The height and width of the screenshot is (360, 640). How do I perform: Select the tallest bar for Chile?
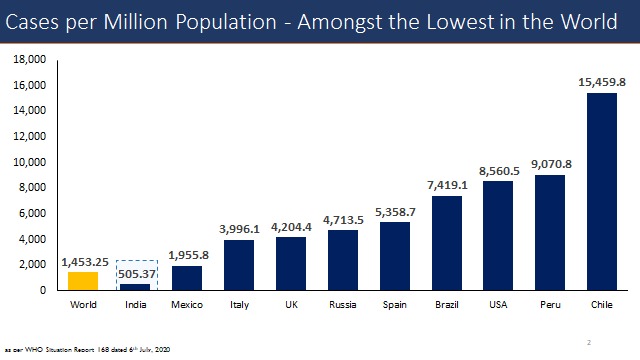point(602,191)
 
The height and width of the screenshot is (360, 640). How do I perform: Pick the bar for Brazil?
point(446,243)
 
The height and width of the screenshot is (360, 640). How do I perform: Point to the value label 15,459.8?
point(602,81)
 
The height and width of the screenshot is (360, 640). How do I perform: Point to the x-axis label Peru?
point(550,303)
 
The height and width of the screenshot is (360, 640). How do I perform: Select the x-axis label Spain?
point(394,303)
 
